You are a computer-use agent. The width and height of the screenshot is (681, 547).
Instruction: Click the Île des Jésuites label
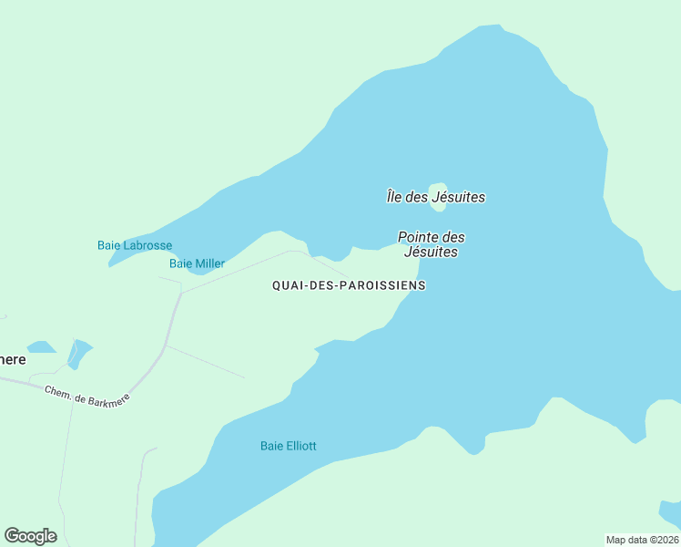tap(435, 197)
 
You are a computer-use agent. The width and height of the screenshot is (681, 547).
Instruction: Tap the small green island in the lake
tap(438, 188)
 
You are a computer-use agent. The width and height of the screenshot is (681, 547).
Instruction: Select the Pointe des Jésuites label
tap(432, 244)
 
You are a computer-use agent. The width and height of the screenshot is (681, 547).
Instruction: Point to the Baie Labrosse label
tap(135, 245)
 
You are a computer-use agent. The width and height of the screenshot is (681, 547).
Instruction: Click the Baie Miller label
tap(197, 263)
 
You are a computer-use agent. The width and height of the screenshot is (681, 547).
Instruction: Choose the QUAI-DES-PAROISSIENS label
tap(349, 285)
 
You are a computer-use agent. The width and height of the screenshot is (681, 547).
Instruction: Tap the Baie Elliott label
tap(288, 446)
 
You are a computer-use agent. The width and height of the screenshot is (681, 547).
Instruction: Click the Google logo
tap(30, 536)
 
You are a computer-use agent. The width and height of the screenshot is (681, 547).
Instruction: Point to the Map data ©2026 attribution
tap(642, 539)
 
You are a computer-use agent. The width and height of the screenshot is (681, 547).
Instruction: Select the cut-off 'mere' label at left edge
tap(13, 359)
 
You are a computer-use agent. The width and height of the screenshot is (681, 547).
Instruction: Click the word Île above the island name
tap(393, 197)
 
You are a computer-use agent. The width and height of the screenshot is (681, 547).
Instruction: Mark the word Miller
tap(209, 263)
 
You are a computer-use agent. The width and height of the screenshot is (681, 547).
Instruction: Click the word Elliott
tap(301, 446)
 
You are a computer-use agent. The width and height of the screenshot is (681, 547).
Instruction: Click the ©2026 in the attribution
tap(660, 539)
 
